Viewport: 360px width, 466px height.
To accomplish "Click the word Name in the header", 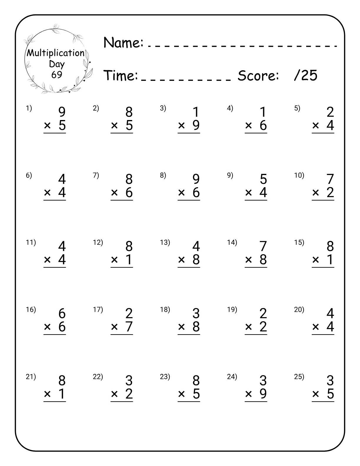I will point(123,43).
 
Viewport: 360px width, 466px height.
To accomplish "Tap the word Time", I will point(121,76).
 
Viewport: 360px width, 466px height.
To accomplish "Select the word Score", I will point(258,76).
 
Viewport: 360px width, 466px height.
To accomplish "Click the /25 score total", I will point(306,76).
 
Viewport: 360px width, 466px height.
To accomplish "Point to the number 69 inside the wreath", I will point(57,75).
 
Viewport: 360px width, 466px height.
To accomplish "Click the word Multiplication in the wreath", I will point(56,53).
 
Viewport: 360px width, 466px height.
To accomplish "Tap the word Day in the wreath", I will point(57,64).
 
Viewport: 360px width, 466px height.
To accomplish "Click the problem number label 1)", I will point(29,108).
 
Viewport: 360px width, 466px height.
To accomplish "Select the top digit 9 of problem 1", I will point(62,112).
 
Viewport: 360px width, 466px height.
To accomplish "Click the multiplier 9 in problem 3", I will point(196,126).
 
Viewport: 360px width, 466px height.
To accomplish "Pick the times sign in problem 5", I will point(316,126).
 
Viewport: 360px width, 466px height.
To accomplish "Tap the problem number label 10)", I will point(299,175).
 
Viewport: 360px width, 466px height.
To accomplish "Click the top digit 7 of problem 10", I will point(330,179).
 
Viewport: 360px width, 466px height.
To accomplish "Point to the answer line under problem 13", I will point(189,267).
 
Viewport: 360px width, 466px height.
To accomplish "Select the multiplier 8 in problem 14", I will point(263,260).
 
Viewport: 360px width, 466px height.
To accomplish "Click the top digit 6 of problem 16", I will point(62,314).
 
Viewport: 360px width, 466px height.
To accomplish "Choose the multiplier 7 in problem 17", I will point(129,327).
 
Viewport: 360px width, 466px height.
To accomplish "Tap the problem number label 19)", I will point(232,309).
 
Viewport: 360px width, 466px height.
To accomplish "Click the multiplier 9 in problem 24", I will point(263,394).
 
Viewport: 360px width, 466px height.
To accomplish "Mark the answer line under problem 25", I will point(323,402).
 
